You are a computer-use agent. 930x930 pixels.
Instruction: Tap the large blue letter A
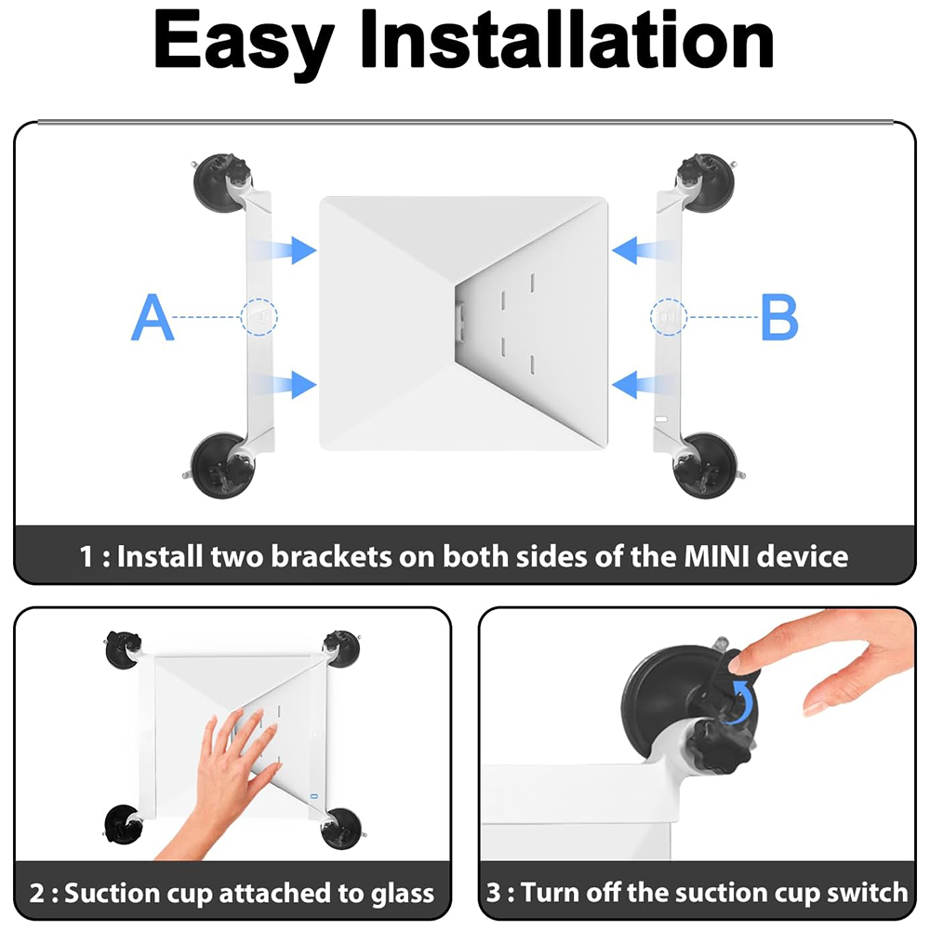click(153, 317)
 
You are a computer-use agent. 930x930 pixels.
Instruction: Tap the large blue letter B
click(779, 317)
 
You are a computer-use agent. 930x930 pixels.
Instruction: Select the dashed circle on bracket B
click(668, 317)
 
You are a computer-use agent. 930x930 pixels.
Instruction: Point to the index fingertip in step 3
click(740, 661)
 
